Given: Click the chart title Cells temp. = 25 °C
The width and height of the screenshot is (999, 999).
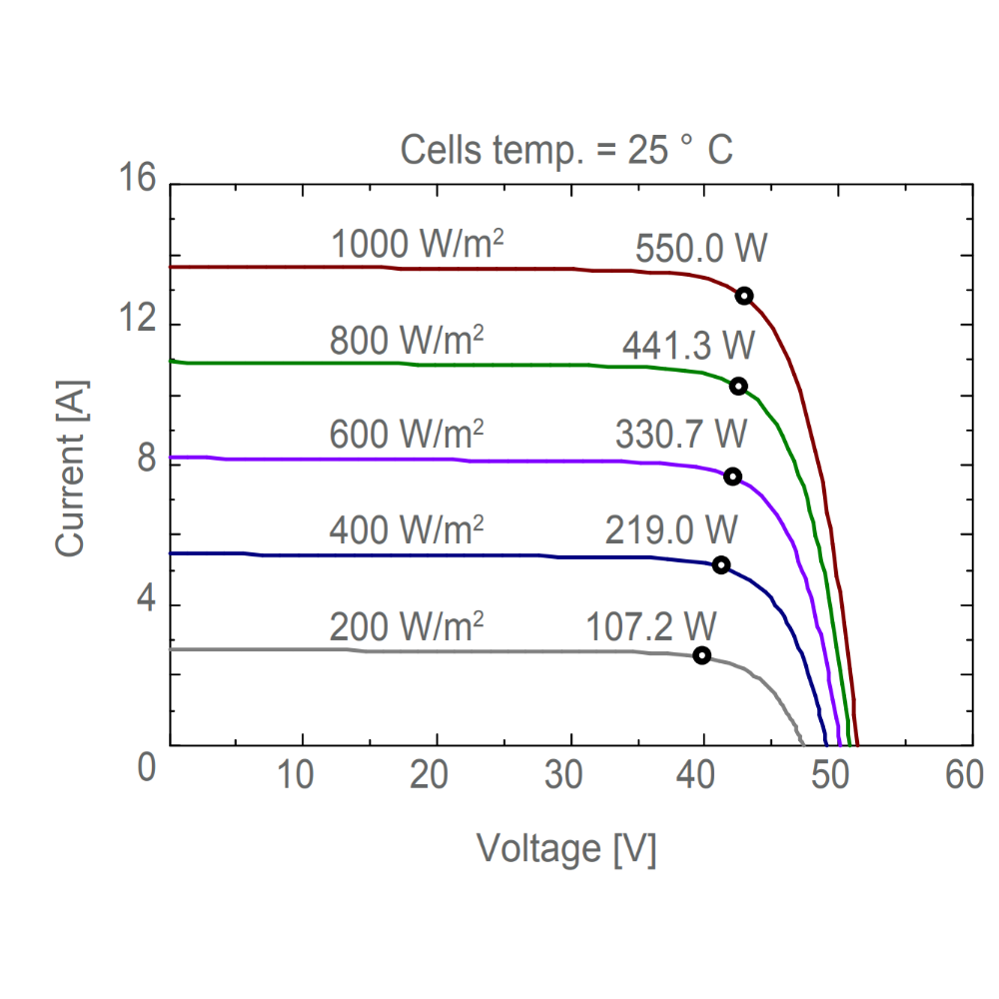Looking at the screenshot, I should (x=566, y=151).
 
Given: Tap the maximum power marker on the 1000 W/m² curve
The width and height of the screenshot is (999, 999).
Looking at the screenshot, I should (x=743, y=296).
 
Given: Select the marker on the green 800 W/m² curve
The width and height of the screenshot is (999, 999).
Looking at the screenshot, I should (x=738, y=387).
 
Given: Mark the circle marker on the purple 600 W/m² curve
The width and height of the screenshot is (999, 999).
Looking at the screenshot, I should (x=732, y=477).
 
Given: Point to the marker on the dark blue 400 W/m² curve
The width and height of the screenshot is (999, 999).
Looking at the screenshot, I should (x=720, y=565).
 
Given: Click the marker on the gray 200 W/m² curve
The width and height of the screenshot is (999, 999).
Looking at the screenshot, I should (x=702, y=655).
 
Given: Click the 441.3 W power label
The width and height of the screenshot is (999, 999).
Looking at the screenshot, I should (x=688, y=345).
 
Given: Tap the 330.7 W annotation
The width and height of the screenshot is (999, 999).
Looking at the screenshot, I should (x=680, y=435).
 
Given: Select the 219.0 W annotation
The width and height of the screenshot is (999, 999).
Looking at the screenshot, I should (x=671, y=528).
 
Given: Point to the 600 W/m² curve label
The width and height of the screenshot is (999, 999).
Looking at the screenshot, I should (x=407, y=435).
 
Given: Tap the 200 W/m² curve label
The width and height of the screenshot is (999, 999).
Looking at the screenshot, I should (x=407, y=626).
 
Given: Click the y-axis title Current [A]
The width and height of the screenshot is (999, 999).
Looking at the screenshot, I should (x=71, y=468).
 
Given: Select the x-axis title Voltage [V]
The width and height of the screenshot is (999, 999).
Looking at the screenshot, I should (x=566, y=849).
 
